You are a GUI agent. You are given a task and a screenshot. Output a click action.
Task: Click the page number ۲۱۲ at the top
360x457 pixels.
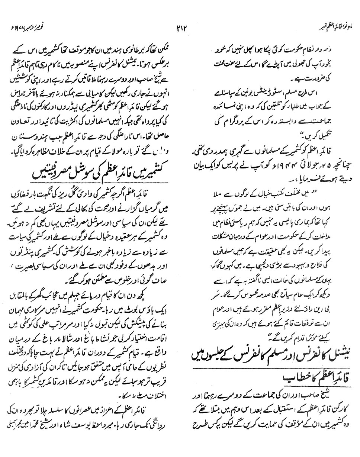pyautogui.click(x=180, y=28)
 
